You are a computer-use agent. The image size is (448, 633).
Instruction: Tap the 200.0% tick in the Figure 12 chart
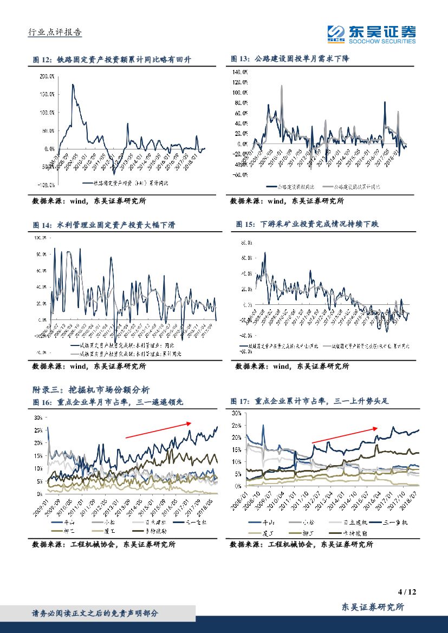(x=47, y=76)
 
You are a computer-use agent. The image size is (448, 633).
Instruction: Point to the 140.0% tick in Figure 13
(x=240, y=72)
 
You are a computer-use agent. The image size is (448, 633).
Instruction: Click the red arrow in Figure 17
(x=345, y=435)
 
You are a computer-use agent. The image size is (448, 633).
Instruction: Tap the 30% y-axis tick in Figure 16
(x=38, y=418)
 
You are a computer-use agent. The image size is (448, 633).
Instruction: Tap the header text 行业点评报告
(x=54, y=32)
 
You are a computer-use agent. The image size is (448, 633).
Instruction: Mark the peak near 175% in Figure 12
(x=72, y=85)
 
